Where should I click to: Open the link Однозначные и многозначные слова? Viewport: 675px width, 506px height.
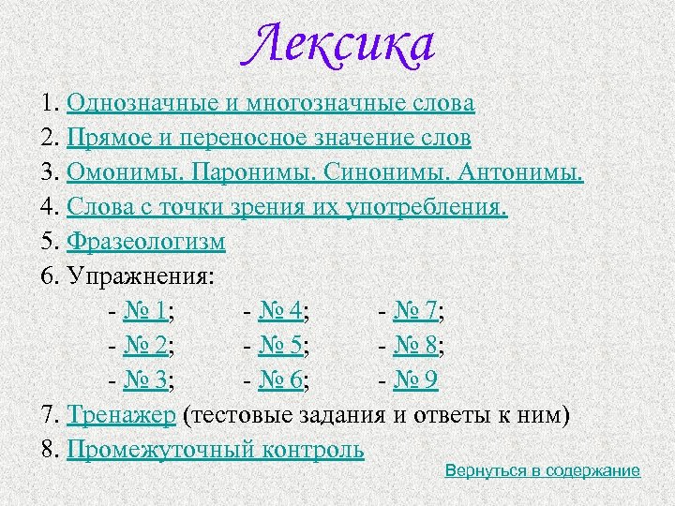270,102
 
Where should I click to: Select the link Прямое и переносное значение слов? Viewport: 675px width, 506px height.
269,138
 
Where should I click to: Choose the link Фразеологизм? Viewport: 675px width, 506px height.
146,242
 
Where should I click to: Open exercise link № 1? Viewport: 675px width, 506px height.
151,311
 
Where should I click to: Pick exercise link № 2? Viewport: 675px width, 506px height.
151,346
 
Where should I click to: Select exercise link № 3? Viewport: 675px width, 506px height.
151,380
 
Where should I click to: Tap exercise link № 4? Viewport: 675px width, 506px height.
283,311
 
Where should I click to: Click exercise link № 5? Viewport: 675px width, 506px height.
283,346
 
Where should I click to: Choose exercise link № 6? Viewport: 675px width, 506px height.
283,380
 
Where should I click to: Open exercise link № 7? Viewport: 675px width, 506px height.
418,311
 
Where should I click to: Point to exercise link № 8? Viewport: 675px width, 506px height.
418,346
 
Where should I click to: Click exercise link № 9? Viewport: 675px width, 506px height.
418,380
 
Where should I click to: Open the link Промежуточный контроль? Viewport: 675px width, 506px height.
216,449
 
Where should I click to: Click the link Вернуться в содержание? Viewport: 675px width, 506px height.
543,470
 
